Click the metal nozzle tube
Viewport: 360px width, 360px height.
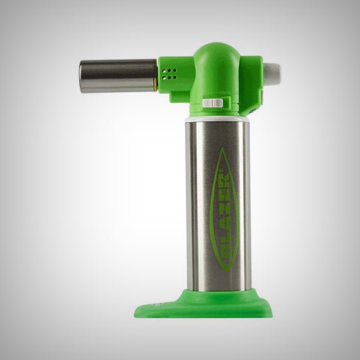pyautogui.click(x=117, y=76)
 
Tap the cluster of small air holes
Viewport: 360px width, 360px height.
pyautogui.click(x=170, y=73)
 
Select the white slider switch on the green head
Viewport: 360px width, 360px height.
pyautogui.click(x=210, y=103)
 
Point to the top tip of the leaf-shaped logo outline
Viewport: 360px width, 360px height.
pyautogui.click(x=223, y=149)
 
